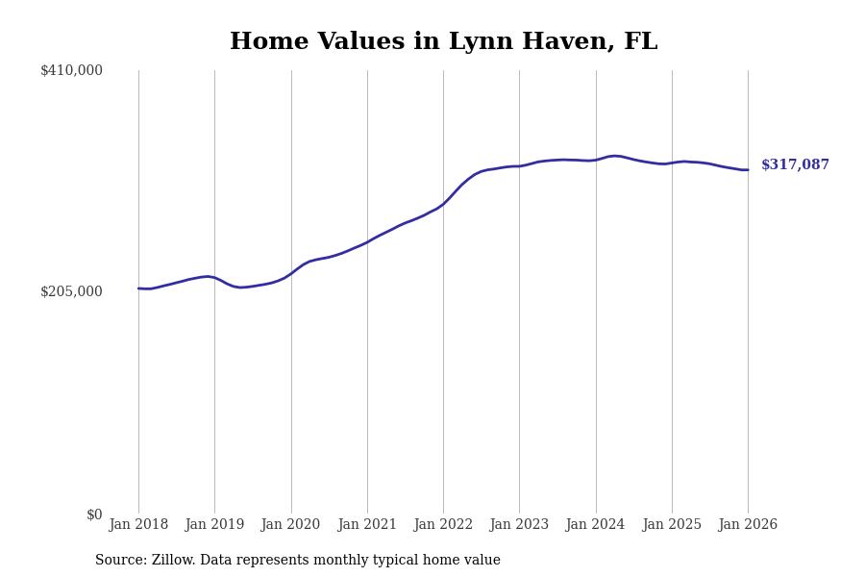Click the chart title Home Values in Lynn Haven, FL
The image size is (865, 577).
coord(443,42)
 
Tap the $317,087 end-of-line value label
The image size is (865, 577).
coord(795,165)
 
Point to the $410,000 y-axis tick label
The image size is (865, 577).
coord(71,70)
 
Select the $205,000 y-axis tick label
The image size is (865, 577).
coord(71,291)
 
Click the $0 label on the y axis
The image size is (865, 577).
coord(94,514)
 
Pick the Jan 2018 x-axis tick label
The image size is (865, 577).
coord(138,525)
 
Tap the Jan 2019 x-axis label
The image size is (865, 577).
coord(214,525)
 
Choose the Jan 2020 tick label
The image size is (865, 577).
coord(290,525)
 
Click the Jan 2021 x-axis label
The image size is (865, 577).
coord(367,525)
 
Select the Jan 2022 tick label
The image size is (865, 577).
coord(443,525)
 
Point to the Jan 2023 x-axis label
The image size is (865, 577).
coord(519,525)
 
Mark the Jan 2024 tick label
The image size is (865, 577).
coord(595,525)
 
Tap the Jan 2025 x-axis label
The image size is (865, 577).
coord(672,525)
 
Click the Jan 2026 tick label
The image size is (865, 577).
coord(748,525)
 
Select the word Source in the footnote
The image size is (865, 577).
coord(120,561)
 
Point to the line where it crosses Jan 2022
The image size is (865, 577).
coord(443,203)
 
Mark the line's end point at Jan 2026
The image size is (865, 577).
coord(748,170)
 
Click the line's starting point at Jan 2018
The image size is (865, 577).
coord(138,288)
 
